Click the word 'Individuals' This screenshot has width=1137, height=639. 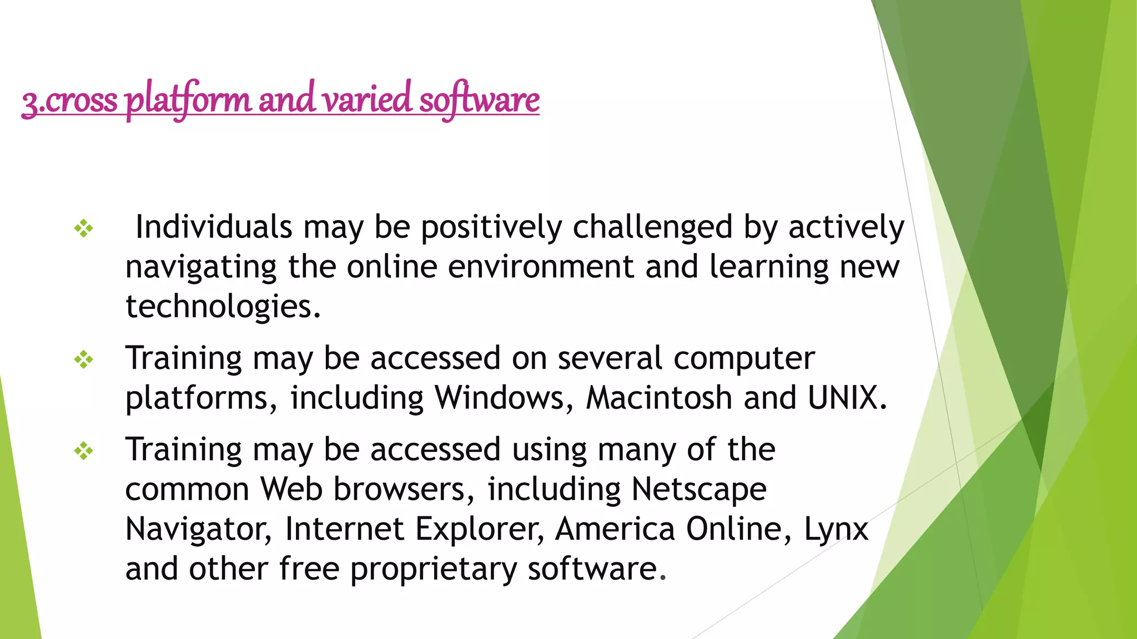214,227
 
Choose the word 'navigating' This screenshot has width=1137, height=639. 200,268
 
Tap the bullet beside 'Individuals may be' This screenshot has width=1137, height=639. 84,228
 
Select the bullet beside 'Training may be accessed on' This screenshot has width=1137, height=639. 84,360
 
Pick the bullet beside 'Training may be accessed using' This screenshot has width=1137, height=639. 84,451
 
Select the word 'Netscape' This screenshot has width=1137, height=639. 699,489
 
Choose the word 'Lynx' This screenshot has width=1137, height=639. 836,529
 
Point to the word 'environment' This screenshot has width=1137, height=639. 540,267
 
